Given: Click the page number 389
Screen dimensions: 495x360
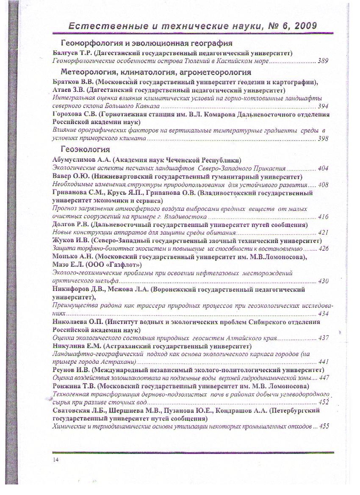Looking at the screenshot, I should pyautogui.click(x=323, y=61).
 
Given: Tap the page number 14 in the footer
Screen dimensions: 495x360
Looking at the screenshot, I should pyautogui.click(x=56, y=460).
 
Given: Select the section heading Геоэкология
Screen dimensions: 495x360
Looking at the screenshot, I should pyautogui.click(x=85, y=149).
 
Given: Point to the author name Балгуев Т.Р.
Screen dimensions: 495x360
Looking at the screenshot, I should pyautogui.click(x=72, y=53).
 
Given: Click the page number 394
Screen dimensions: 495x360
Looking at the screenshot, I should pyautogui.click(x=323, y=106).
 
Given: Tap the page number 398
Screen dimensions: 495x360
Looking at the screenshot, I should pyautogui.click(x=323, y=138).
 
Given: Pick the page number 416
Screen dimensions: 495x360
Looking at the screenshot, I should pyautogui.click(x=323, y=217).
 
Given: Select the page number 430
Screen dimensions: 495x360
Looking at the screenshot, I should pyautogui.click(x=323, y=281).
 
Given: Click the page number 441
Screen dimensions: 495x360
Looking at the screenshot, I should pyautogui.click(x=323, y=362).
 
